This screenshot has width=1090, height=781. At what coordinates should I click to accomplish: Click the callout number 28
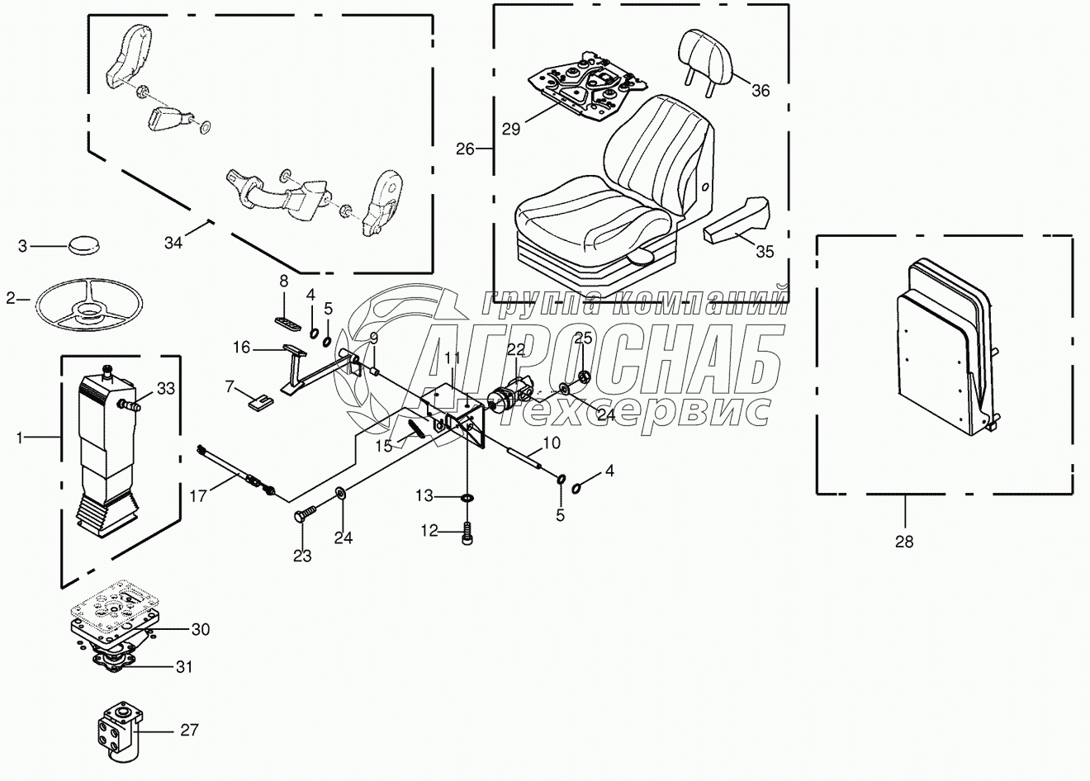click(x=904, y=542)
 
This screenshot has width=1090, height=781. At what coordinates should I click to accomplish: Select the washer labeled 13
click(x=468, y=498)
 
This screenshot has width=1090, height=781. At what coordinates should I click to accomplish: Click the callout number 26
click(x=465, y=149)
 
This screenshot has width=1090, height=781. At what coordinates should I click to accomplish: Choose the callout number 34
click(x=173, y=243)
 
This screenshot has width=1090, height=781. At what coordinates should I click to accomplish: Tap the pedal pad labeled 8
click(x=285, y=320)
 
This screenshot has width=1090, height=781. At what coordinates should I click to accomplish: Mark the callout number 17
click(x=198, y=497)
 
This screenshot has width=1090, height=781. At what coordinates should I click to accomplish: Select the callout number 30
click(x=200, y=630)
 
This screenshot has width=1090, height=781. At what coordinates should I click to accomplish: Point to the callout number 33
click(x=165, y=388)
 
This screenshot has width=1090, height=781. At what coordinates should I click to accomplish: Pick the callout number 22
click(x=515, y=350)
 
